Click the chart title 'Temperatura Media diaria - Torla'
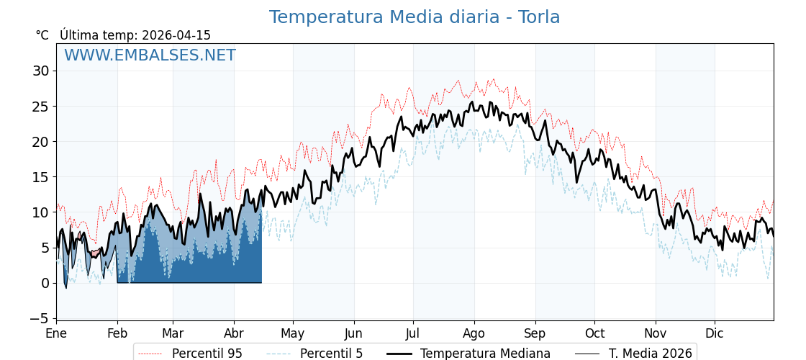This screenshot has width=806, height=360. point(414,17)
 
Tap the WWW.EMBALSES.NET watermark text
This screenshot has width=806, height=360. point(150,55)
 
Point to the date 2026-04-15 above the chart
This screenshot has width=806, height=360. point(176,35)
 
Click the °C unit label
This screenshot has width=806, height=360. point(42,35)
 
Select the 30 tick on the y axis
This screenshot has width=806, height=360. point(40,71)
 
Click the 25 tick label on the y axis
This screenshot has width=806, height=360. point(40,106)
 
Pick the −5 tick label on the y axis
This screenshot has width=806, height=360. point(37,318)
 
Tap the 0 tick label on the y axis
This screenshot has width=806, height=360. point(45,283)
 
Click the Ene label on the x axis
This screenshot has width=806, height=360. point(56,334)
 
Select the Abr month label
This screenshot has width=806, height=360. point(234,334)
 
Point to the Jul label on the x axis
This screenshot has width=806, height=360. point(413,334)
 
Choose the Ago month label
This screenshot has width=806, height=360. point(474,334)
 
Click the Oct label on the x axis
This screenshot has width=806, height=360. point(594,334)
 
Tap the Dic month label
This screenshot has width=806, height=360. point(715,334)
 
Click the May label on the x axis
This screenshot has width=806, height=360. point(293,334)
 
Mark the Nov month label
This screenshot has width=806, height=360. point(656,334)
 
